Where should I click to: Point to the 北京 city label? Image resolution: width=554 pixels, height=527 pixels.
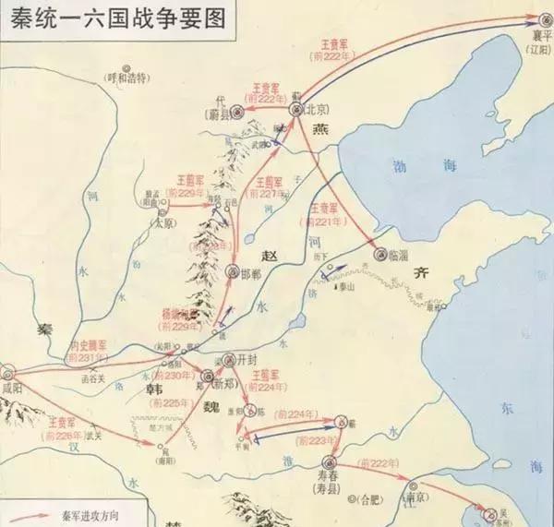319,109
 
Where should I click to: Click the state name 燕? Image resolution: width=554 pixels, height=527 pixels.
320,130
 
